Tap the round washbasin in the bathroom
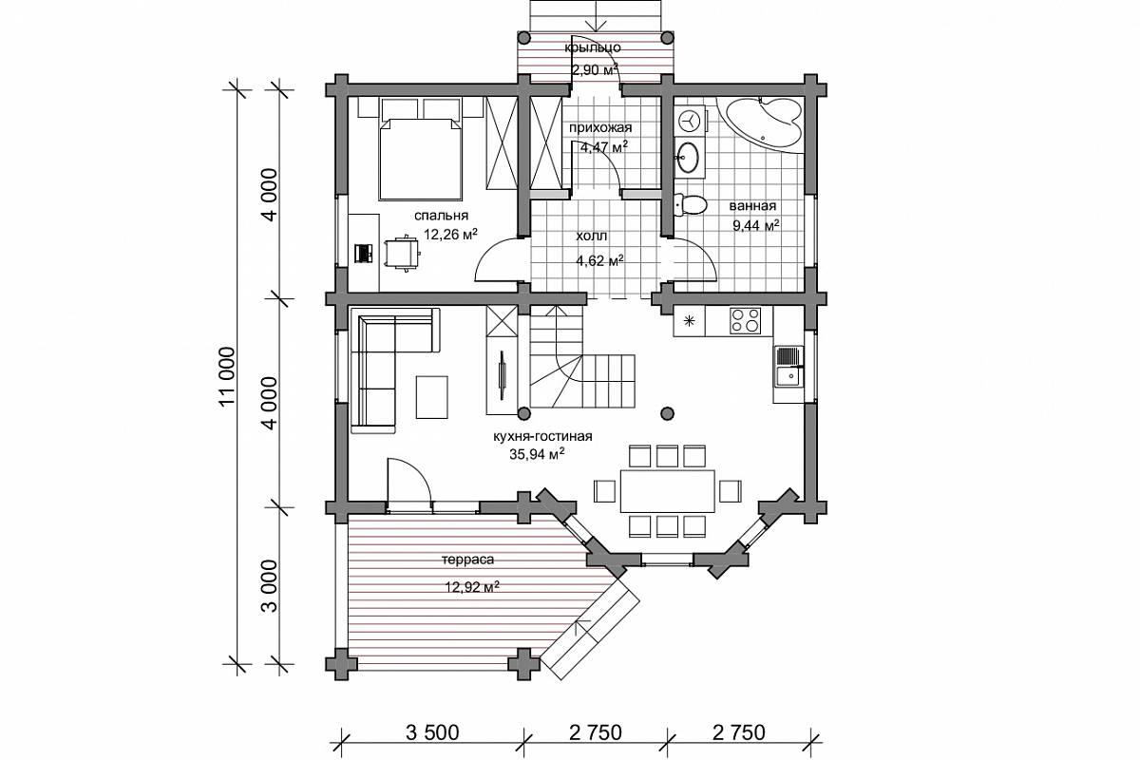tap(690, 158)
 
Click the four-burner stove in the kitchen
tap(745, 320)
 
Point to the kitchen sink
tap(789, 366)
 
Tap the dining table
tap(668, 491)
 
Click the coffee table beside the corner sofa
tap(432, 397)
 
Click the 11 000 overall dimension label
tap(226, 376)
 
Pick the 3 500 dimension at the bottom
tap(432, 732)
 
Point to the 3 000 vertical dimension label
tap(271, 586)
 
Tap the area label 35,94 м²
tap(537, 453)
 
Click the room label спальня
tap(441, 216)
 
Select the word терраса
tap(467, 560)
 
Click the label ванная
tap(752, 205)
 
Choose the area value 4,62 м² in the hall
tap(600, 260)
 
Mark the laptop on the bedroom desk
tap(364, 253)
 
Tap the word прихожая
tap(600, 127)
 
